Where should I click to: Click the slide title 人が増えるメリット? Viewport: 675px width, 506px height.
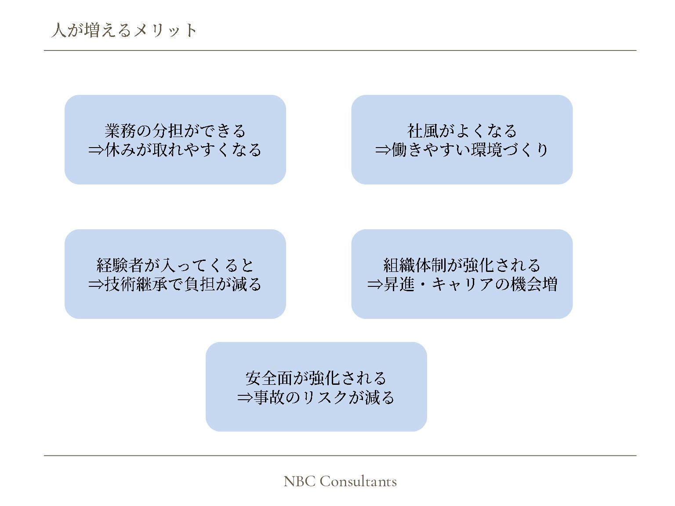coord(124,30)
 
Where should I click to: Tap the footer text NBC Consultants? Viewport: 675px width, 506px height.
coord(340,481)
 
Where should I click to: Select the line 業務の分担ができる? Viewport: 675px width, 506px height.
coord(175,130)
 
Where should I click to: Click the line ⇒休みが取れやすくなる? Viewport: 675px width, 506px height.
coord(175,150)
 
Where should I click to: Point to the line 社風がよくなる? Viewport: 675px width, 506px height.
coord(462,130)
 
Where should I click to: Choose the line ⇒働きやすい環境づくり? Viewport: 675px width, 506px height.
coord(462,150)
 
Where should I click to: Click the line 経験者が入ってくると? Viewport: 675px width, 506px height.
coord(175,265)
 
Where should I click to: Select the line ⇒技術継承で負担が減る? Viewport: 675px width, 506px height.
coord(175,285)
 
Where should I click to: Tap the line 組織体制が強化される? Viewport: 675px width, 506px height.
coord(462,265)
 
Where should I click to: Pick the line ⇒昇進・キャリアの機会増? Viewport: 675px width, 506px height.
coord(462,285)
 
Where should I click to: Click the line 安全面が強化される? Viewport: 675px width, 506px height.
coord(316,378)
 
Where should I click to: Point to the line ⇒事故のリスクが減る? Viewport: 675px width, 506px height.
coord(316,398)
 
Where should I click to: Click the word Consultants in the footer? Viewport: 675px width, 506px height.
coord(358,481)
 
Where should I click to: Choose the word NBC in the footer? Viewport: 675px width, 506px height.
coord(299,481)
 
